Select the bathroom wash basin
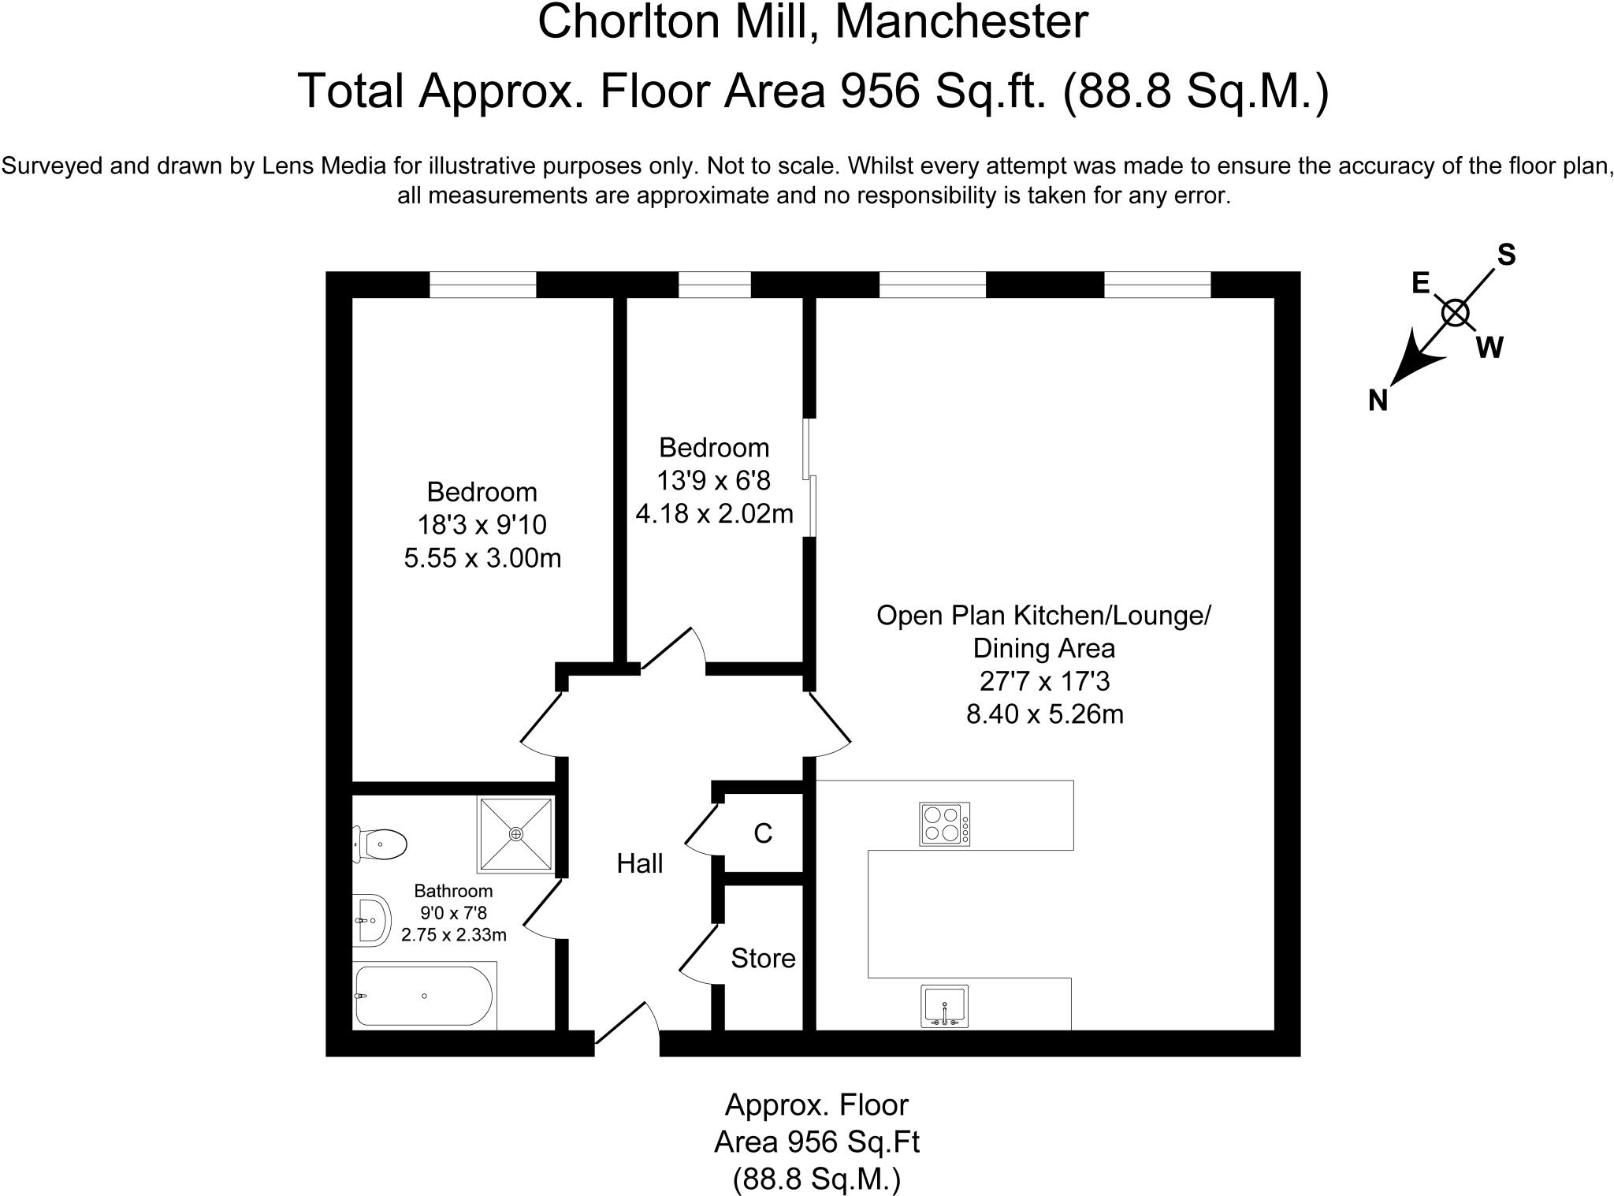pyautogui.click(x=371, y=920)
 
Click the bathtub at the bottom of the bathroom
pyautogui.click(x=424, y=996)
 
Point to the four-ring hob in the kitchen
pyautogui.click(x=944, y=824)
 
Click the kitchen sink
pyautogui.click(x=944, y=1006)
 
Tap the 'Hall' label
pyautogui.click(x=639, y=864)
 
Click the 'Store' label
pyautogui.click(x=763, y=959)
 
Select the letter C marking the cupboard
pyautogui.click(x=763, y=833)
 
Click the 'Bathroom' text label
pyautogui.click(x=453, y=891)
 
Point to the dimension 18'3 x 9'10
pyautogui.click(x=482, y=525)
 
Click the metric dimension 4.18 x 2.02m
pyautogui.click(x=714, y=514)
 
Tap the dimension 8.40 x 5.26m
pyautogui.click(x=1044, y=714)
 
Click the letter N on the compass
pyautogui.click(x=1378, y=401)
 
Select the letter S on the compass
pyautogui.click(x=1506, y=255)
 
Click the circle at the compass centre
pyautogui.click(x=1455, y=314)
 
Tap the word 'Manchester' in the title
pyautogui.click(x=961, y=22)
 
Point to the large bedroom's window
pyautogui.click(x=482, y=285)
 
